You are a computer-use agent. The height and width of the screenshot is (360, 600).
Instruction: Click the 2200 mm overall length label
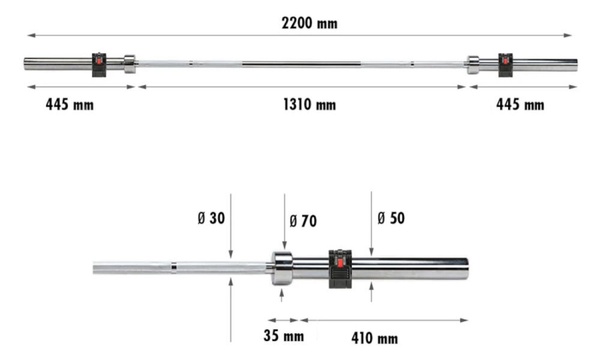pyautogui.click(x=310, y=23)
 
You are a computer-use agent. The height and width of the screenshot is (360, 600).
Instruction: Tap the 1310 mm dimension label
pyautogui.click(x=310, y=105)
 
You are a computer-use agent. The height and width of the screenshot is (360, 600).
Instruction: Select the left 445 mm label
pyautogui.click(x=70, y=105)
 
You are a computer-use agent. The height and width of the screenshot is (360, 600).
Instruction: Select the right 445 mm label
pyautogui.click(x=520, y=105)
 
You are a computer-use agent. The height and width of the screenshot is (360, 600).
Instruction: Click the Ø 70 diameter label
pyautogui.click(x=302, y=221)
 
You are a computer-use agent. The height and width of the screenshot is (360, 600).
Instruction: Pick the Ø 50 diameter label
pyautogui.click(x=391, y=218)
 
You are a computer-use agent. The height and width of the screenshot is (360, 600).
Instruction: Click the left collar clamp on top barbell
pyautogui.click(x=98, y=64)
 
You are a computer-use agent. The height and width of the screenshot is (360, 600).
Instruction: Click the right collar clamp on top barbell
pyautogui.click(x=506, y=64)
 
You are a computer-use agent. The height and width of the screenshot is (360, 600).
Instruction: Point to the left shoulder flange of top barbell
pyautogui.click(x=130, y=63)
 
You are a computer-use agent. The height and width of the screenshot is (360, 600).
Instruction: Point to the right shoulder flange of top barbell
pyautogui.click(x=473, y=64)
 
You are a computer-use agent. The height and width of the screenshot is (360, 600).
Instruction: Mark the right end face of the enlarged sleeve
pyautogui.click(x=466, y=267)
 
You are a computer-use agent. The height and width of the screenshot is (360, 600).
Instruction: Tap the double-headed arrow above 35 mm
pyautogui.click(x=283, y=320)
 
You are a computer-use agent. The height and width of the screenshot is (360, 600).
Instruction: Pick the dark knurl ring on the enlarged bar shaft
pyautogui.click(x=173, y=267)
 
